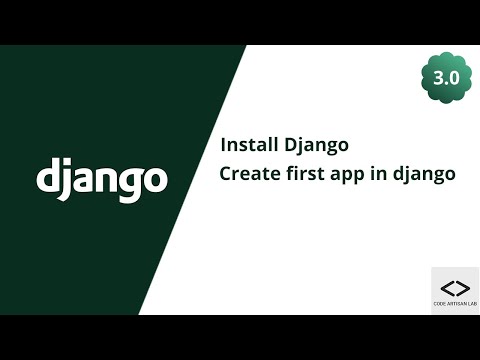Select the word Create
(248, 173)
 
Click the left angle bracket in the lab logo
(446, 288)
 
